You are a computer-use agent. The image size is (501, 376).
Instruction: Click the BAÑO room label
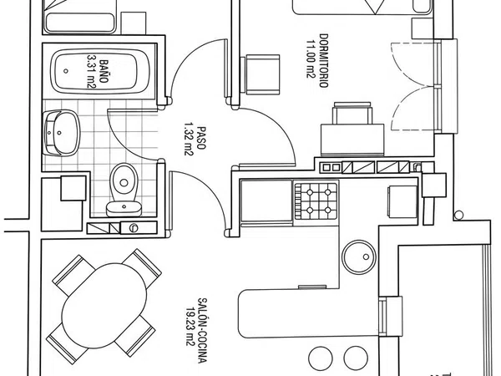(104, 71)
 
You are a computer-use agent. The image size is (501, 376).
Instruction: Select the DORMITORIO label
(324, 61)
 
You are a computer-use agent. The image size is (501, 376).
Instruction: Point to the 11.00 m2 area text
(311, 58)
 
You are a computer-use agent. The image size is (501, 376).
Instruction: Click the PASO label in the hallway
(201, 138)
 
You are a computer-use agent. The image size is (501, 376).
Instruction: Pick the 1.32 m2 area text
(189, 139)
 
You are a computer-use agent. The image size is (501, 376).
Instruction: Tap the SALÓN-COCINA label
(202, 331)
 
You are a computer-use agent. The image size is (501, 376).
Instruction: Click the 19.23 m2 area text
(190, 327)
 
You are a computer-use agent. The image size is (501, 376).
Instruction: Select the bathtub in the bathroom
(100, 71)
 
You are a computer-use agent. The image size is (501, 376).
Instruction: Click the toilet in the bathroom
(124, 190)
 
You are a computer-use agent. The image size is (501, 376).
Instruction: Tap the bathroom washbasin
(61, 133)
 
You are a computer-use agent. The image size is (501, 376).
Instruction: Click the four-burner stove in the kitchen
(316, 201)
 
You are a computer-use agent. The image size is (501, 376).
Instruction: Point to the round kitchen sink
(358, 257)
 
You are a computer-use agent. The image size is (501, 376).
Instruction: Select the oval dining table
(104, 306)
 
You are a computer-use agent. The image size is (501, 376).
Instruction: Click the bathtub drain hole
(66, 71)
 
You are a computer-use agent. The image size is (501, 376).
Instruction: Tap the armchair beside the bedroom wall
(262, 75)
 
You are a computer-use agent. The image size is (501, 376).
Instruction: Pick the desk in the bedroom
(352, 140)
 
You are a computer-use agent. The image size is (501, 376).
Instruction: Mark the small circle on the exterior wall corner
(458, 215)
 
